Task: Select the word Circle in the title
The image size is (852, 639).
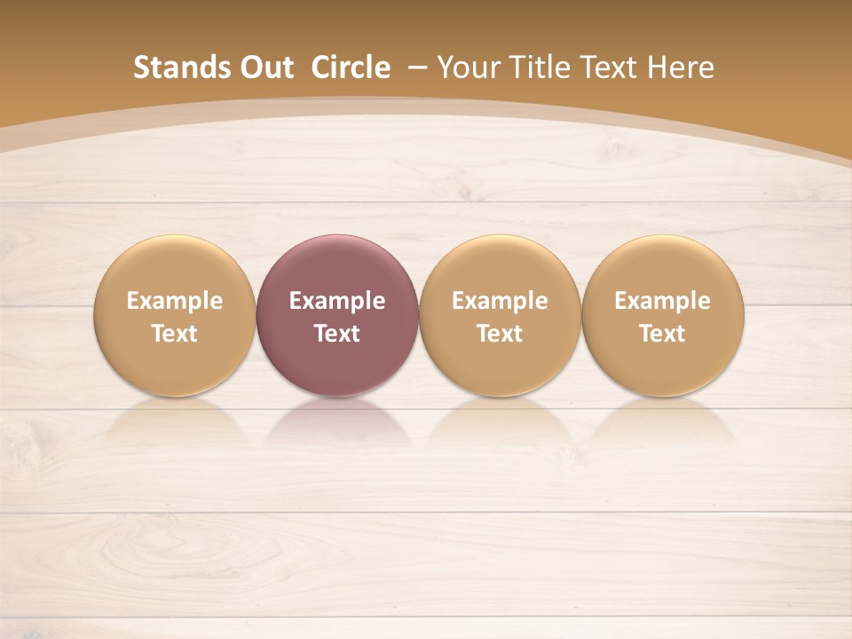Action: [351, 67]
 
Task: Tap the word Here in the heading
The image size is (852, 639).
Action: [681, 67]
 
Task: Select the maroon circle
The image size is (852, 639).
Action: [337, 315]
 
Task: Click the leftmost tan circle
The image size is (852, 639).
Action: [175, 315]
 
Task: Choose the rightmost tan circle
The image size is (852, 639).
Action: [662, 315]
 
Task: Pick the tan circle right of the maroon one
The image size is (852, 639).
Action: [500, 315]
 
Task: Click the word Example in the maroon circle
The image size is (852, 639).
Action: [337, 301]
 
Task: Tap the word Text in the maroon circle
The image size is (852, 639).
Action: [337, 334]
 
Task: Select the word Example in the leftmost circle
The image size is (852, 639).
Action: [175, 301]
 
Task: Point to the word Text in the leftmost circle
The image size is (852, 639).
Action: [175, 334]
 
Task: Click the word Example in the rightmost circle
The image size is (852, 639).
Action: [662, 301]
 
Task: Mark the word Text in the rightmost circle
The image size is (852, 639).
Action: [662, 334]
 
